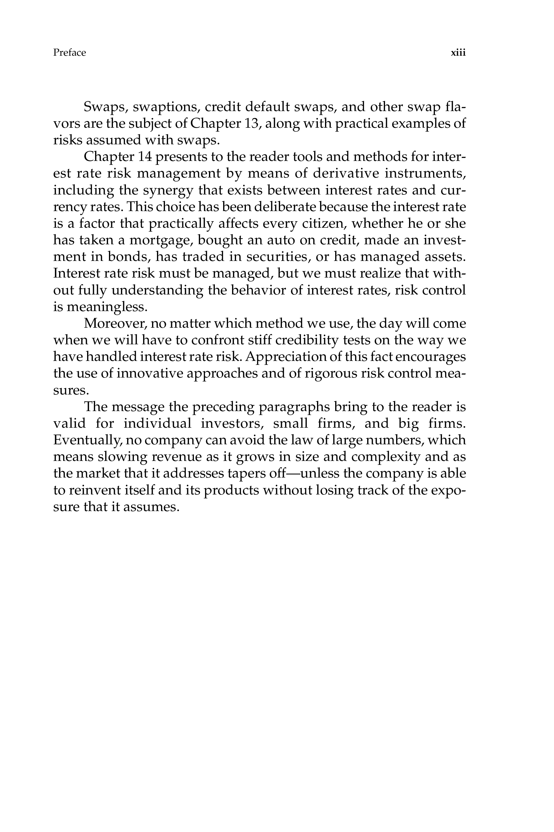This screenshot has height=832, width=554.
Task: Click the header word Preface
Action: [69, 53]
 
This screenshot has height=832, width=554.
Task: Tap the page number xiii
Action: [458, 53]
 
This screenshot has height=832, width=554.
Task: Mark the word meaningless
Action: [107, 306]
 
